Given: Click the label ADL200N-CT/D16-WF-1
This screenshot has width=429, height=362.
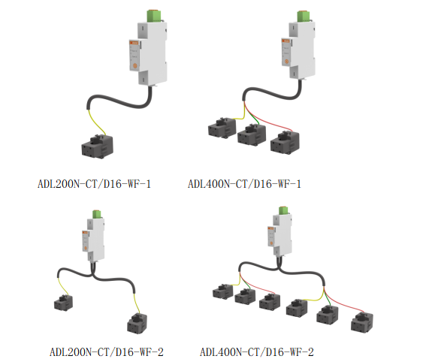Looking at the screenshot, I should (x=94, y=183).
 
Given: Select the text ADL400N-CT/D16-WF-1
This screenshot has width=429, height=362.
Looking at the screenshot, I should (x=243, y=183).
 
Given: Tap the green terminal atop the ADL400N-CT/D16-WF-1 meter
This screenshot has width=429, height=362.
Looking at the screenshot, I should (x=303, y=16).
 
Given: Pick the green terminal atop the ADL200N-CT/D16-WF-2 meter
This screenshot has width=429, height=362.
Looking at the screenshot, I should (x=95, y=215).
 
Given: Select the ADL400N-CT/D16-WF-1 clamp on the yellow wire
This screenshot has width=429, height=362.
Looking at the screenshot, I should (x=222, y=128).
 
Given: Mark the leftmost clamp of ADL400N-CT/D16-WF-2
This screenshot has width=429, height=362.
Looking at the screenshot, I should (x=224, y=291).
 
